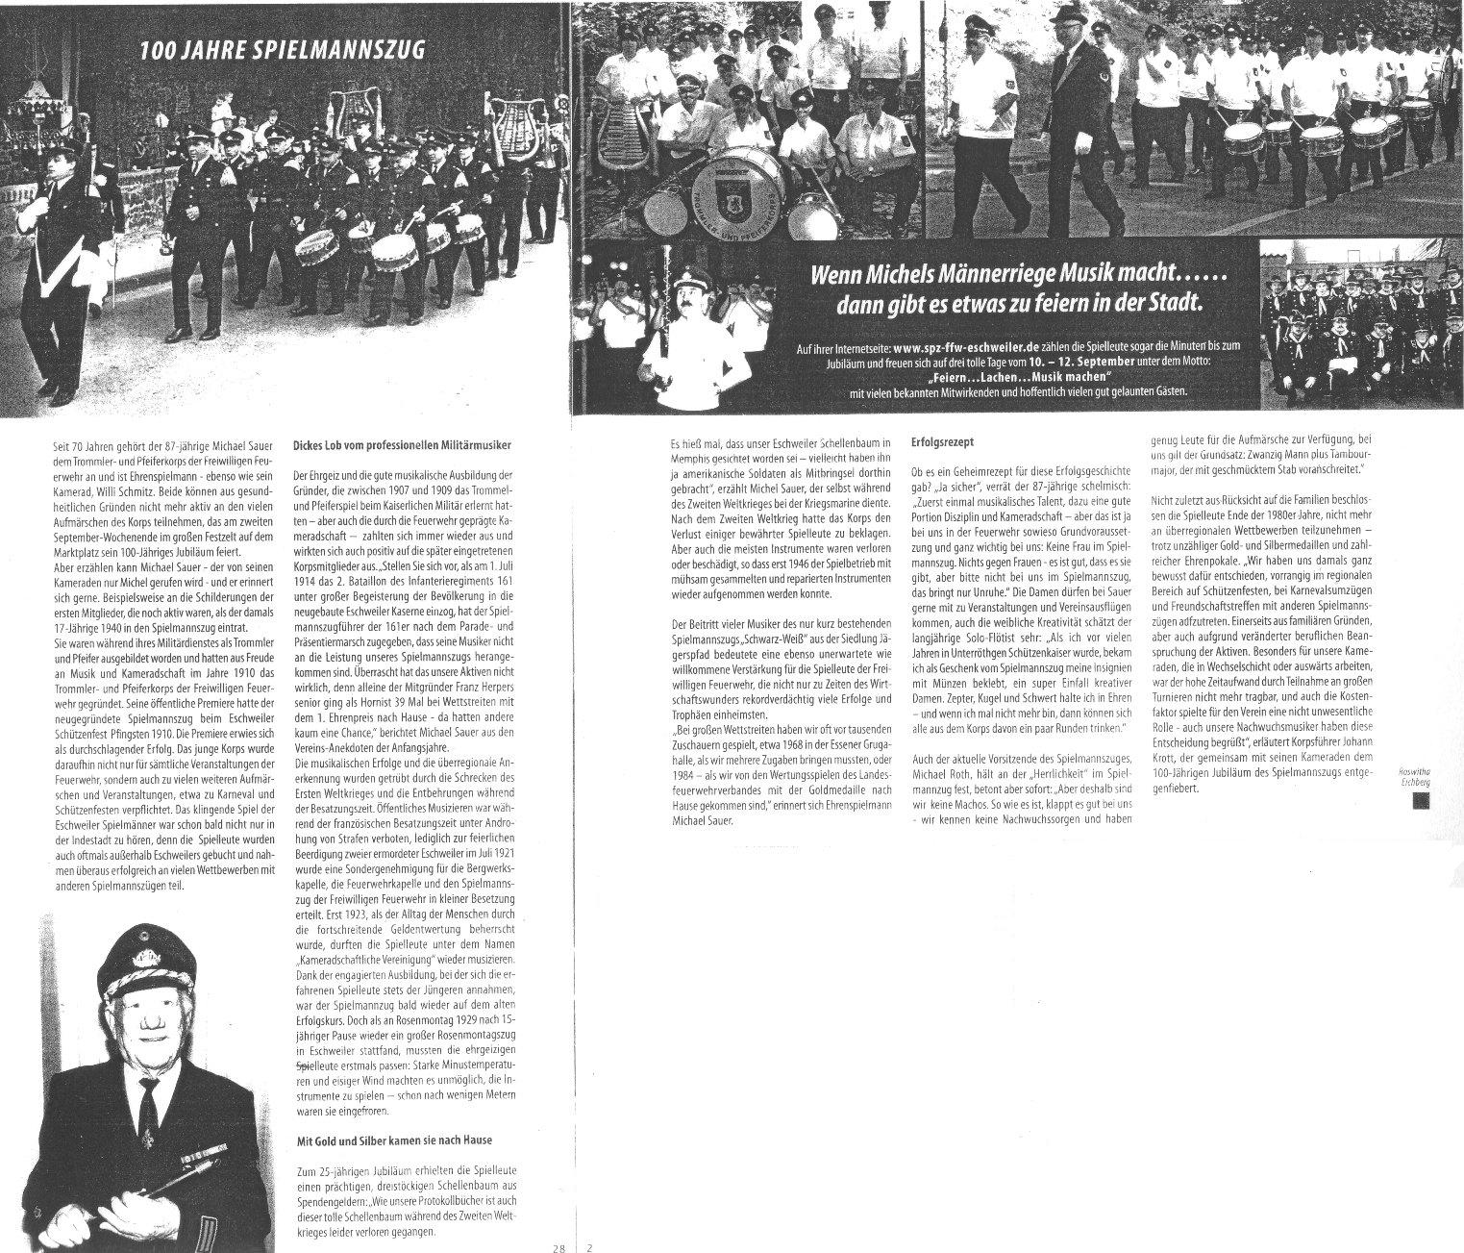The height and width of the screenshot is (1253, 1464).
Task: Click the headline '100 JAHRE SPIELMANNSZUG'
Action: [281, 51]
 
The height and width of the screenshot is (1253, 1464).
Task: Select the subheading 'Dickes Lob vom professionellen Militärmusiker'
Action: [401, 445]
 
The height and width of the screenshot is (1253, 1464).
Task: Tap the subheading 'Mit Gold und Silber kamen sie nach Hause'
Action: [392, 1140]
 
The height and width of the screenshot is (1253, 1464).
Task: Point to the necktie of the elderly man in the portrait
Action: [148, 1106]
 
